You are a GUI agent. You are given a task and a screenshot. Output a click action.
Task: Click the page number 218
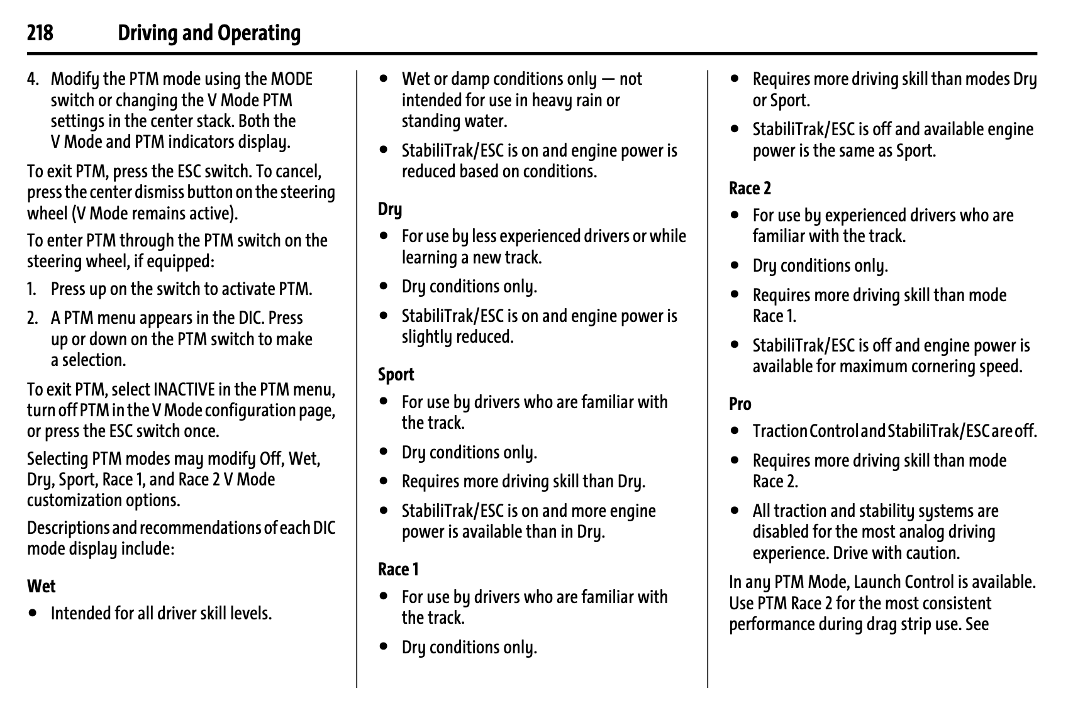click(40, 33)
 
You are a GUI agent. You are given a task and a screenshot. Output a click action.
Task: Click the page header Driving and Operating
click(209, 33)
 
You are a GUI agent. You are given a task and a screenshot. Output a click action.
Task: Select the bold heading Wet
click(42, 586)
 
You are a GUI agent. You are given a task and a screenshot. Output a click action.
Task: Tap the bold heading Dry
click(390, 209)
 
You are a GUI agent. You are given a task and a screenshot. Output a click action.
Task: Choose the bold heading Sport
click(396, 375)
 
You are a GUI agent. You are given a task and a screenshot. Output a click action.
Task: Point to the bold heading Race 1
click(398, 570)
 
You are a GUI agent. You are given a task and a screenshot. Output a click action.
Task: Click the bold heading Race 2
click(750, 188)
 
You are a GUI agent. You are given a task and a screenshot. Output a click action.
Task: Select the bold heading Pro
click(740, 404)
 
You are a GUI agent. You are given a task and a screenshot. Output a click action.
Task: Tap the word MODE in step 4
click(291, 79)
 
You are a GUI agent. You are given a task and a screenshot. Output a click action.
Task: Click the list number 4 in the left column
click(33, 79)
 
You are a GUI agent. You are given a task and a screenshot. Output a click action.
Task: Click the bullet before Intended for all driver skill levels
click(33, 613)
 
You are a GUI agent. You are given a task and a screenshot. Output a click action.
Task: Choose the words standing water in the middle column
click(454, 121)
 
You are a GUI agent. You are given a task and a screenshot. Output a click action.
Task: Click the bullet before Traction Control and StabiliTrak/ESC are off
click(735, 431)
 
